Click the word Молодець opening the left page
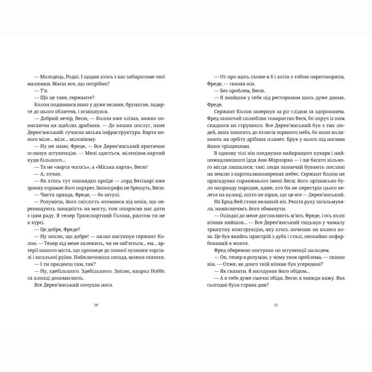point(48,77)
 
